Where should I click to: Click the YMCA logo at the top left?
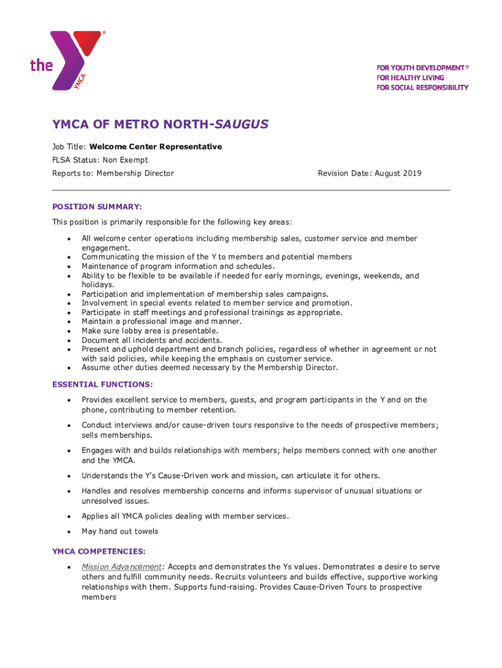65,60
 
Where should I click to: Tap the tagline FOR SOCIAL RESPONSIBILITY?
422,87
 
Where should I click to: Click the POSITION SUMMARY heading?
97,206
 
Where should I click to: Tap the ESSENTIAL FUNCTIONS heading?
102,384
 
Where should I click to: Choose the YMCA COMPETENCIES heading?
98,551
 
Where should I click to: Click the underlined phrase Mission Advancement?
121,567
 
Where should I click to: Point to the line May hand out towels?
119,532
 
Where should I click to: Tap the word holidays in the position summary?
98,284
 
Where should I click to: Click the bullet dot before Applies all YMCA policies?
68,517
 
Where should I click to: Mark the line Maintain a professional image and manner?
161,322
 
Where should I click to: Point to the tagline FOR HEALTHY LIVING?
410,78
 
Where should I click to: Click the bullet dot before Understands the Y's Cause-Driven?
68,476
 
